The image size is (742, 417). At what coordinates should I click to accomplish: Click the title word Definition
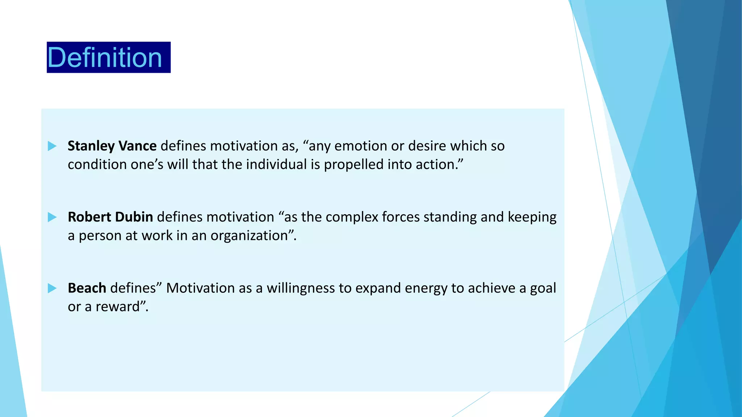pos(105,58)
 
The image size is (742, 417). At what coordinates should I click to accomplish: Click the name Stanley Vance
pos(112,146)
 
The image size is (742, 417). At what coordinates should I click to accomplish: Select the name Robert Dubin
pos(110,217)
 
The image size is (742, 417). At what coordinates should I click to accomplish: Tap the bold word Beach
pos(87,288)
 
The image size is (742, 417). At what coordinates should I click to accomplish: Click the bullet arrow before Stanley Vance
pos(52,146)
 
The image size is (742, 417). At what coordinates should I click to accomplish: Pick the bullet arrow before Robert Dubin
pos(52,217)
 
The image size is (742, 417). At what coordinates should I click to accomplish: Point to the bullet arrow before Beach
pos(52,288)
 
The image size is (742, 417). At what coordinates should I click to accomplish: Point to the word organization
pos(249,236)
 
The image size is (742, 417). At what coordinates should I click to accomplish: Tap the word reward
pos(117,307)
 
